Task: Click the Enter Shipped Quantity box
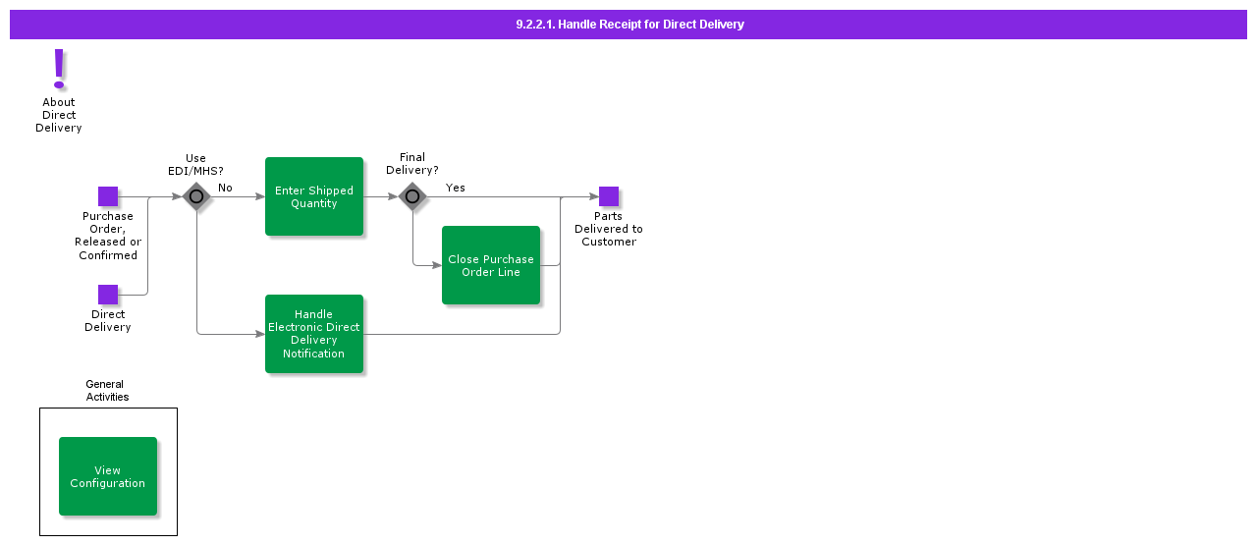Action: point(314,196)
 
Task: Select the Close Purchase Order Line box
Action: point(491,265)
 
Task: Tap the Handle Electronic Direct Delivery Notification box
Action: point(314,334)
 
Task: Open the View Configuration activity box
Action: point(108,476)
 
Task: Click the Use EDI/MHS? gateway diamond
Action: point(196,196)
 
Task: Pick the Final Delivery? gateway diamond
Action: point(412,196)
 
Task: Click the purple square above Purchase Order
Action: point(108,196)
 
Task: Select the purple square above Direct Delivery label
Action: point(108,295)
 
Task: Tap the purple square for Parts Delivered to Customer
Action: point(609,196)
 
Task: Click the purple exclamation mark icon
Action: point(59,69)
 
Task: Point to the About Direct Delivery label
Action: point(59,115)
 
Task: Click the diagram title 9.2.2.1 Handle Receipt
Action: point(629,25)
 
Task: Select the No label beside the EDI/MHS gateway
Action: point(225,188)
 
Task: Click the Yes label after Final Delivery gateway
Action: point(456,188)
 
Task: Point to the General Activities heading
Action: point(105,391)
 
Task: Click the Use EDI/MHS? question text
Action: point(196,164)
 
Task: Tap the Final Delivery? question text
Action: point(412,164)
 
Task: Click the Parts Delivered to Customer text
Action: point(609,229)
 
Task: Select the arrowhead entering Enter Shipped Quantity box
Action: point(260,196)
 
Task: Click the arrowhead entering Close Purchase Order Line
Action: point(437,265)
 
